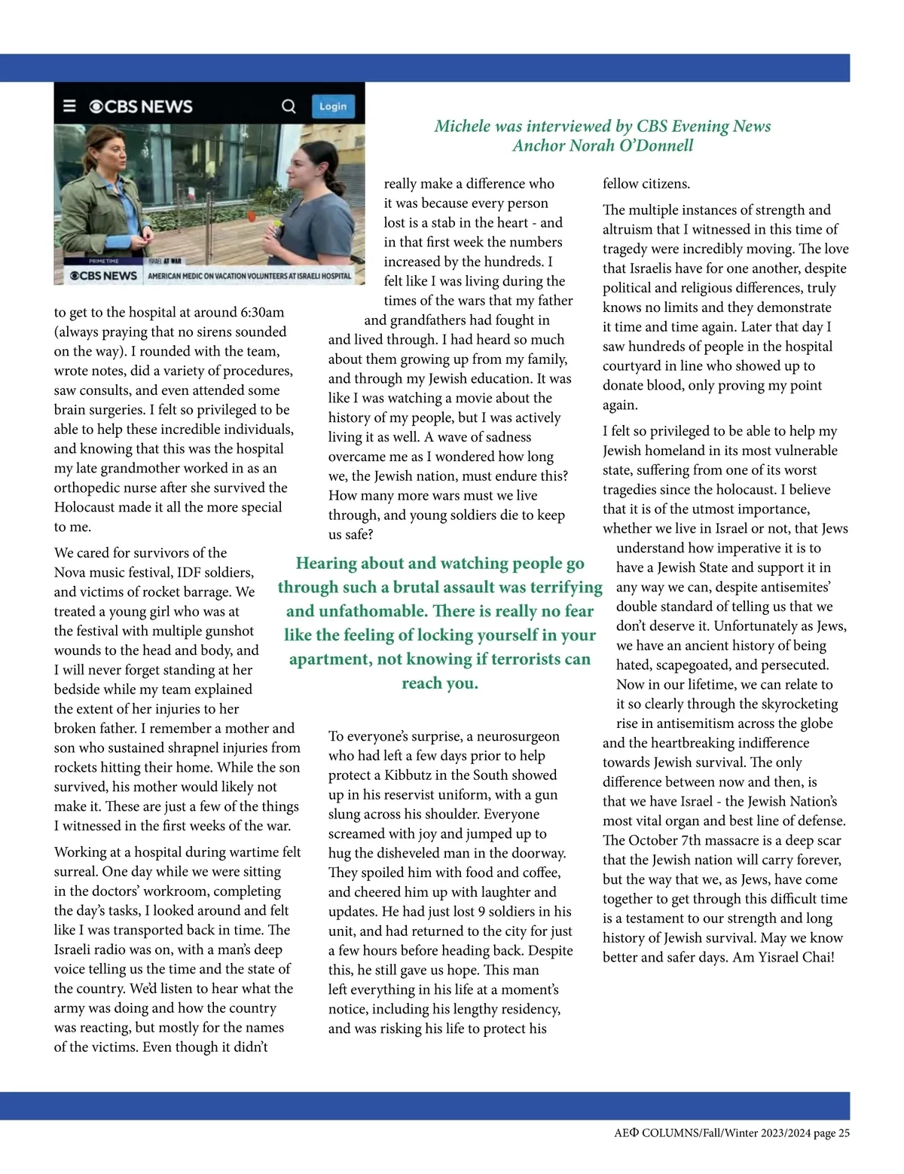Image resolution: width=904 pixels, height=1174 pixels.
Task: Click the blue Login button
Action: (x=333, y=106)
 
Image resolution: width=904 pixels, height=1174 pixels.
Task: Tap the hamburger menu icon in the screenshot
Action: (x=69, y=106)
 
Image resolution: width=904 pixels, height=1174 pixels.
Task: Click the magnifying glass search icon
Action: (x=289, y=106)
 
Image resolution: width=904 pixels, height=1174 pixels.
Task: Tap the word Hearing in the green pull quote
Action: (x=326, y=563)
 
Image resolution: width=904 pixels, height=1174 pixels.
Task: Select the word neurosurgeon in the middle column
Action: (x=518, y=736)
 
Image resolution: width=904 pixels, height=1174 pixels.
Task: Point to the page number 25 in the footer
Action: (x=844, y=1133)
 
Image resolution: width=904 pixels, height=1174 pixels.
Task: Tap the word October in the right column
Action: (x=655, y=841)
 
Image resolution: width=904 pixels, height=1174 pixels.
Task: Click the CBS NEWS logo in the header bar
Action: (x=141, y=106)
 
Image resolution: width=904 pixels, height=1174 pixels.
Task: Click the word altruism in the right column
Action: (x=633, y=230)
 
